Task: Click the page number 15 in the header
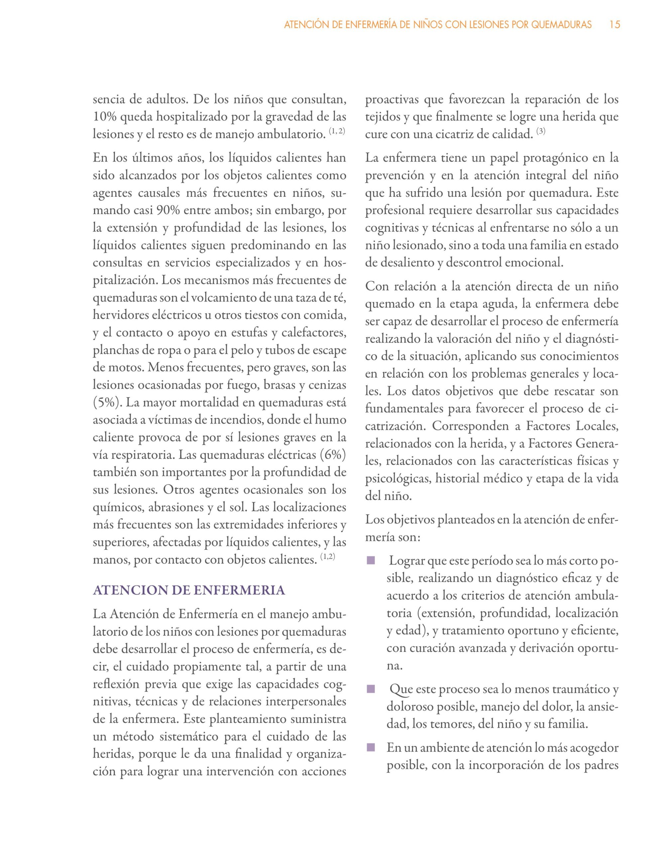point(614,25)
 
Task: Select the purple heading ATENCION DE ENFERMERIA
point(189,590)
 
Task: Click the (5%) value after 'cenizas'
point(105,403)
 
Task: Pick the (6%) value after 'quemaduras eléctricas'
point(333,455)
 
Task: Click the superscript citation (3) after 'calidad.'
point(541,132)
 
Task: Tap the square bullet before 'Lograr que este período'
point(370,561)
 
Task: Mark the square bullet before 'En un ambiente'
point(370,748)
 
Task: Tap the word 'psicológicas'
point(398,478)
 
